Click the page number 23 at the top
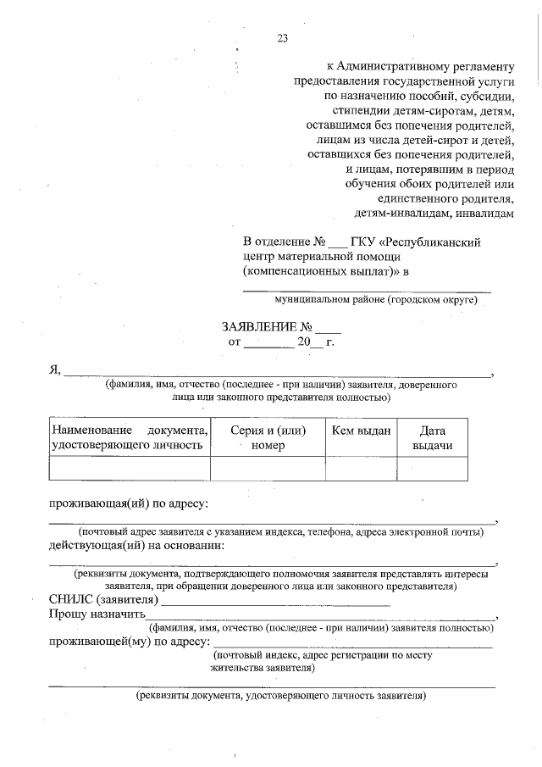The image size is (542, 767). coord(283,37)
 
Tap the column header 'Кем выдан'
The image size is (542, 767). coord(361,431)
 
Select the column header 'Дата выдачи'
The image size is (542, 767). coord(432,438)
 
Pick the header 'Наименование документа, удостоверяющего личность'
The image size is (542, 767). coord(130,438)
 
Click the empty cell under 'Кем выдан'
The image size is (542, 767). coord(361,469)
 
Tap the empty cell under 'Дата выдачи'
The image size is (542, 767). coord(432,469)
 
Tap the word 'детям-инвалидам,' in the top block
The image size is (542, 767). coord(394,214)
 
